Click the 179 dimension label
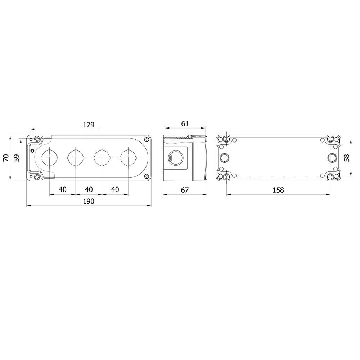pos(89,125)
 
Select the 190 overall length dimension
pos(89,201)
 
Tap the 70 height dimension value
pos(6,158)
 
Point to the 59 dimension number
pos(17,158)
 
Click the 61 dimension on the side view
pos(185,124)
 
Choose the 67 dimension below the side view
pos(185,190)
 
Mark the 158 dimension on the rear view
pos(278,190)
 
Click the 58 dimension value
pos(347,158)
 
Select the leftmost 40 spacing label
pos(62,189)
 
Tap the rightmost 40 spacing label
pos(115,189)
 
